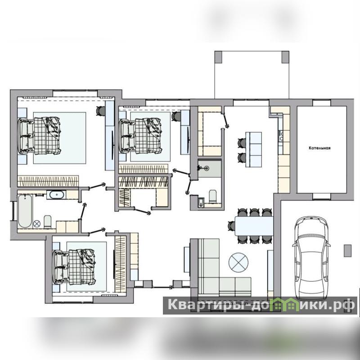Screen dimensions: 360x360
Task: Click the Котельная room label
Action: pos(319,148)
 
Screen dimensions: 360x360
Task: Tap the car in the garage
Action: pos(311,257)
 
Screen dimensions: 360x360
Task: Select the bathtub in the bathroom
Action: pos(25,211)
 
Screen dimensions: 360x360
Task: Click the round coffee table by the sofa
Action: pos(238,263)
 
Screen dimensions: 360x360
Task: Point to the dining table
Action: pos(254,226)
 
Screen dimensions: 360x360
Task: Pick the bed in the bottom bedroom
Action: pos(74,267)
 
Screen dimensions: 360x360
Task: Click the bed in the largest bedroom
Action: pos(40,135)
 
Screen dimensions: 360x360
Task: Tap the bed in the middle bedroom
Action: pos(140,136)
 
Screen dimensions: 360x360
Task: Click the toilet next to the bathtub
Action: pos(48,222)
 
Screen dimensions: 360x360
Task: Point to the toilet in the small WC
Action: pos(213,196)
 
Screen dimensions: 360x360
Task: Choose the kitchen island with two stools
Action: pos(254,149)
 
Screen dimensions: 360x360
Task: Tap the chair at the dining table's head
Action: pos(231,226)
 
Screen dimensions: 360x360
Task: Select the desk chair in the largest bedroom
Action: pos(100,111)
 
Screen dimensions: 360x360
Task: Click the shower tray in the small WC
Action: pos(210,169)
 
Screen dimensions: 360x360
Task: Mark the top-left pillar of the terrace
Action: pos(218,57)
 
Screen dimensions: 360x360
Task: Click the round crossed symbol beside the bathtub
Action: pos(37,223)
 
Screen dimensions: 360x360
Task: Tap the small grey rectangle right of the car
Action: pos(347,251)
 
